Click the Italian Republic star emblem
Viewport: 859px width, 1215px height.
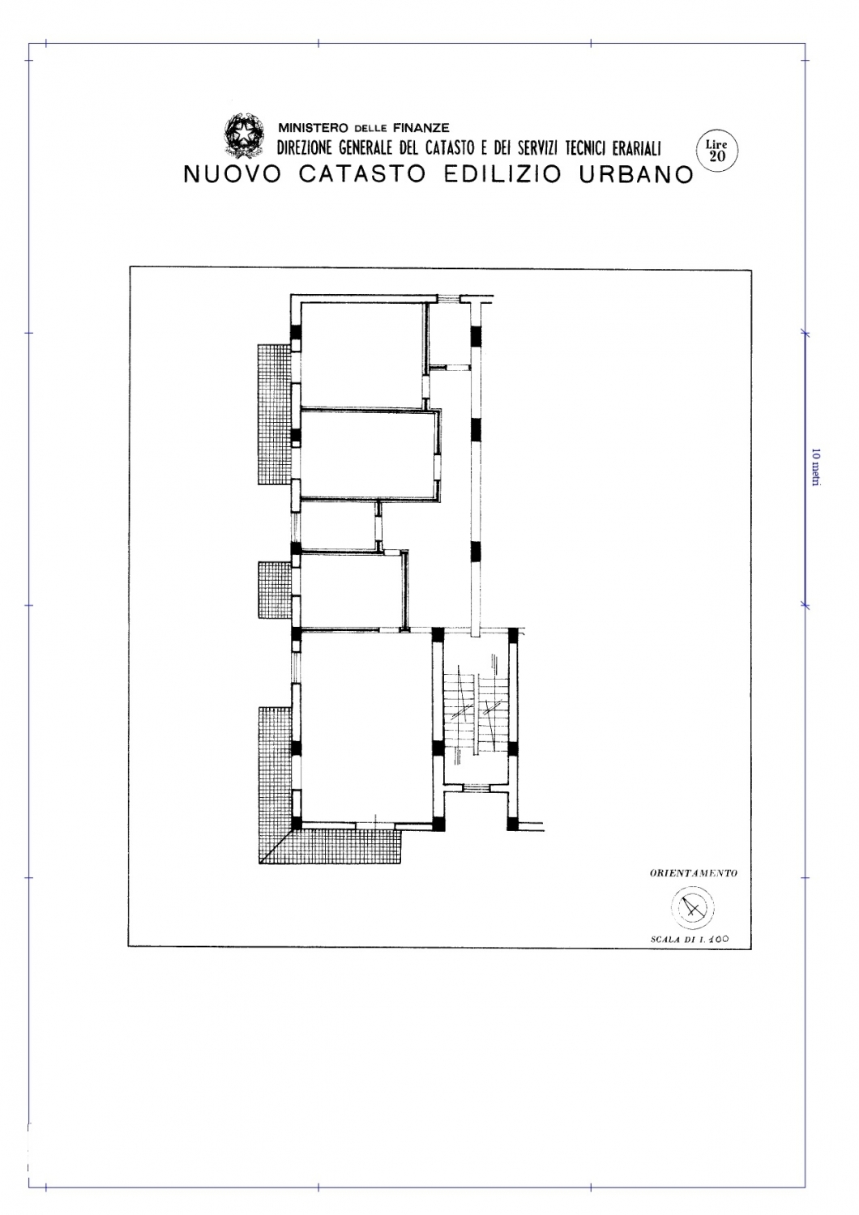(244, 134)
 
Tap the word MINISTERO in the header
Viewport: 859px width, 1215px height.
(313, 129)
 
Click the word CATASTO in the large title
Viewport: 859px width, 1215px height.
(362, 174)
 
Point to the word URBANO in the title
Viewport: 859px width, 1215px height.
(636, 174)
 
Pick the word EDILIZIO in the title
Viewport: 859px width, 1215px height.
(502, 174)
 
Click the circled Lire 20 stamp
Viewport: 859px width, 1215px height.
(717, 151)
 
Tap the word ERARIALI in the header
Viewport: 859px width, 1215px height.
(636, 148)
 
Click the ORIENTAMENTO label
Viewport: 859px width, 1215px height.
(694, 874)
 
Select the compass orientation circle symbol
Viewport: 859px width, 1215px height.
(692, 908)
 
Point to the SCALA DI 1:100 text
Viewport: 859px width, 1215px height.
(690, 940)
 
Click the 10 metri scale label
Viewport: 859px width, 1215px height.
(815, 467)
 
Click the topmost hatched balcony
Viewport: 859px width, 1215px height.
(276, 415)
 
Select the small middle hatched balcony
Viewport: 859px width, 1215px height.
(276, 590)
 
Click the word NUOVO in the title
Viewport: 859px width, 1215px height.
(233, 174)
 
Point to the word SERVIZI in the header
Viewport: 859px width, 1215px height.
(539, 148)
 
